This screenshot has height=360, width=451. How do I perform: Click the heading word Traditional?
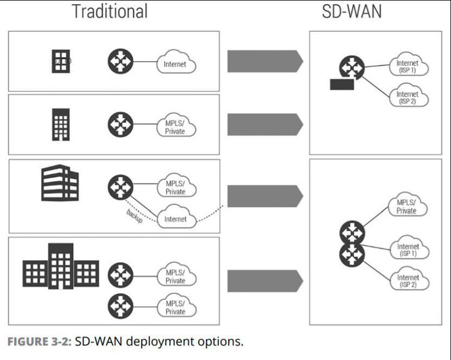109,11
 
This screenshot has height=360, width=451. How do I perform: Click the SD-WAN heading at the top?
351,11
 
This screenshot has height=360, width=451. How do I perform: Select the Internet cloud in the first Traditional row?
176,63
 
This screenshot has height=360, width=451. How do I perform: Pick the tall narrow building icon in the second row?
60,124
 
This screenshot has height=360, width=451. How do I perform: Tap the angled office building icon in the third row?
59,184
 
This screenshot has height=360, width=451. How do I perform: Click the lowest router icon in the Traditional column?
119,307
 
